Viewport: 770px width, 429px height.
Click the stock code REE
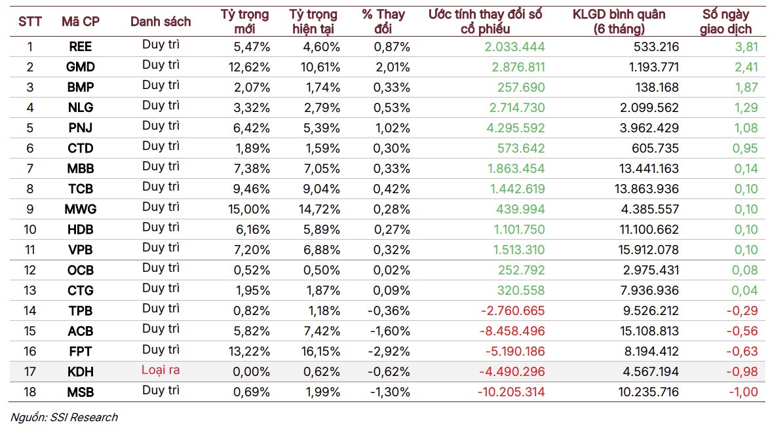[x=80, y=47]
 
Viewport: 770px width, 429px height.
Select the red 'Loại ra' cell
[x=161, y=369]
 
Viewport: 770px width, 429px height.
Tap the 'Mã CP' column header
[x=81, y=22]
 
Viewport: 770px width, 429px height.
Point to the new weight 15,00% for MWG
[x=248, y=209]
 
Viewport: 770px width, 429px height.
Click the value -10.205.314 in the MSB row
[x=511, y=392]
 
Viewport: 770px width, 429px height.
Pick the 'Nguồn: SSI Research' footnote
[x=64, y=417]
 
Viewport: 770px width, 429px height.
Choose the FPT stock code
[x=80, y=352]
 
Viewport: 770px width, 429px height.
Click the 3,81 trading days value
[x=746, y=47]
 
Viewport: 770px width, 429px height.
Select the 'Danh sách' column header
[x=161, y=22]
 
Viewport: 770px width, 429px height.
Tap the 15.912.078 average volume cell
[x=648, y=250]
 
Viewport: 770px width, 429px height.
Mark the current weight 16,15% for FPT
[x=319, y=352]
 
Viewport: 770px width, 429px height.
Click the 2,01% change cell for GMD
[x=393, y=67]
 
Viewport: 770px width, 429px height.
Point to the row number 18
[x=30, y=392]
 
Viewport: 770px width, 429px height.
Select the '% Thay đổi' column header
[x=383, y=22]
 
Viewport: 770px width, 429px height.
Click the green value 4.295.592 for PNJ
[x=516, y=128]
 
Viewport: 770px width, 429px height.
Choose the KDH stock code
[x=80, y=371]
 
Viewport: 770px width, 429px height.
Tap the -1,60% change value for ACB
[x=390, y=331]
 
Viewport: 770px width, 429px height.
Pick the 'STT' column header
[x=30, y=22]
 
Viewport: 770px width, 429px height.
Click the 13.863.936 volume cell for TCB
[x=647, y=189]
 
